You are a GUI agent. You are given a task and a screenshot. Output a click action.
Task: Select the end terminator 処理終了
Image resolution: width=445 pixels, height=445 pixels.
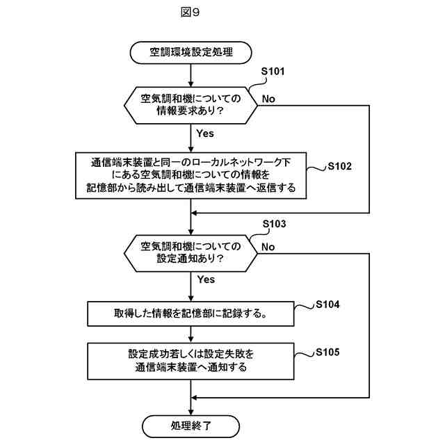coord(191,425)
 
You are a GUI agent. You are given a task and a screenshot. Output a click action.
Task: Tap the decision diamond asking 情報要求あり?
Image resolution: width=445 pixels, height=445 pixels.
coord(191,103)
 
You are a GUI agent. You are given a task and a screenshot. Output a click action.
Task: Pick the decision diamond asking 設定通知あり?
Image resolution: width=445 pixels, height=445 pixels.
coord(191,252)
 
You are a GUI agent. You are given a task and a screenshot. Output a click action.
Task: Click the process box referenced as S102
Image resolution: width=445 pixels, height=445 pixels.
coord(191,175)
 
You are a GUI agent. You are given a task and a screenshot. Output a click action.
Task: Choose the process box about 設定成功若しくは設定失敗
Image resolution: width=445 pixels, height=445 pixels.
coord(191,360)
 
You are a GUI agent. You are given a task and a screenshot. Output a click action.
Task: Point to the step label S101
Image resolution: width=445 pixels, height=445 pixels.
coord(273,72)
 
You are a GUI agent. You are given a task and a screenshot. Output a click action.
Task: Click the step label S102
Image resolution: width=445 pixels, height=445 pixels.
coord(340,167)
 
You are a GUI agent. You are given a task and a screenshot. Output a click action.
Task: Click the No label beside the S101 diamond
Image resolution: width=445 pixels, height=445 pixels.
coord(268,99)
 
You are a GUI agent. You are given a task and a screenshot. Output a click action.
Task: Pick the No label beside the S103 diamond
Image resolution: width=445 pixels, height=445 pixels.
coord(268,248)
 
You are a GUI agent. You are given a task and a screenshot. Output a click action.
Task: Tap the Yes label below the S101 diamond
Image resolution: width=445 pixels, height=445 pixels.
coord(205,132)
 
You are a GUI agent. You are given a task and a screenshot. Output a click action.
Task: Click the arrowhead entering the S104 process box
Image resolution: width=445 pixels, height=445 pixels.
coord(191,298)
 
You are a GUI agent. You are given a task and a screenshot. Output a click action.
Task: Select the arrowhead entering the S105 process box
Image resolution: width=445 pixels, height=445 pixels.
coord(191,339)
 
